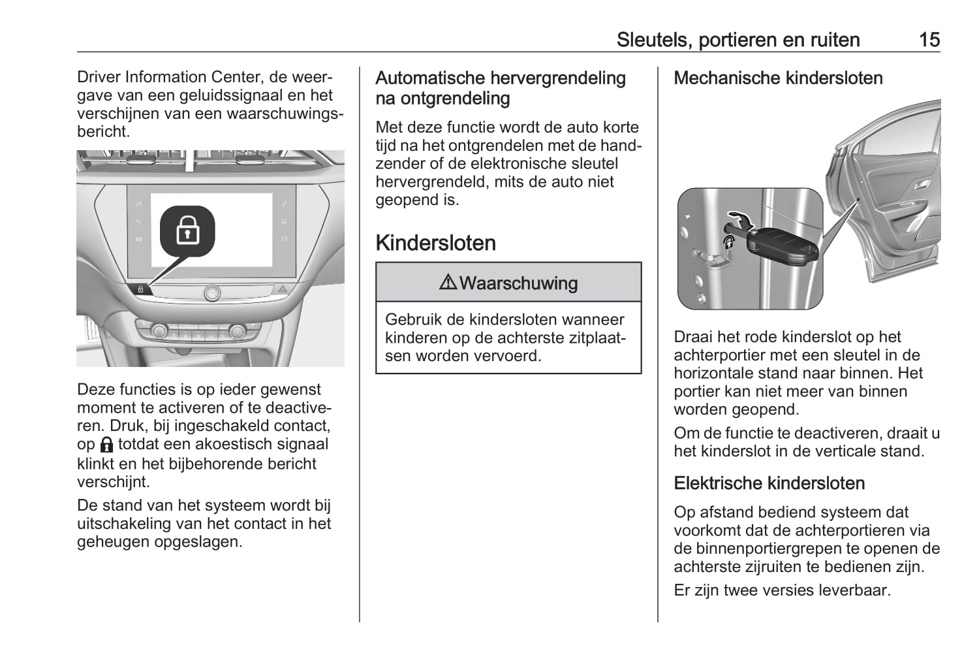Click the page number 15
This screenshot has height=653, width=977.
click(929, 40)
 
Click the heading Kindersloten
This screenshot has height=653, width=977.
click(435, 243)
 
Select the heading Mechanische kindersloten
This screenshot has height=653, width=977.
click(778, 78)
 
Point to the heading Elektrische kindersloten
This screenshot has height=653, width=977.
click(769, 483)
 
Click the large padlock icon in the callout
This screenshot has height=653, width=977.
click(187, 231)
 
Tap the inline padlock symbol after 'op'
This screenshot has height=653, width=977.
click(107, 445)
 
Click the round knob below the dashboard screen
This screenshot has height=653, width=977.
click(211, 293)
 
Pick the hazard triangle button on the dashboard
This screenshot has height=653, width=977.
click(283, 288)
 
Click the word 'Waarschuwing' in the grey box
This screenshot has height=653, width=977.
click(518, 283)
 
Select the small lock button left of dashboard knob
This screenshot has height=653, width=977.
click(140, 289)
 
